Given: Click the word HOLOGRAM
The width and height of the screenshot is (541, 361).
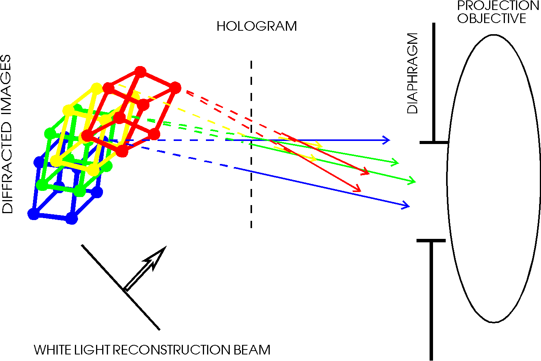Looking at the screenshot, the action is coord(257,26).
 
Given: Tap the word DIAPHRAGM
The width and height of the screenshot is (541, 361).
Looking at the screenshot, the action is coord(412,73).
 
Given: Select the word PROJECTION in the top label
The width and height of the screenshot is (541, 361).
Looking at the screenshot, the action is coord(498,5).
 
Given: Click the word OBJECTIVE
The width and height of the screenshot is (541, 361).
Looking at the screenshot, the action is coord(492,18).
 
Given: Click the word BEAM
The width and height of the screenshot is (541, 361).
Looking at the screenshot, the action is coord(252,350).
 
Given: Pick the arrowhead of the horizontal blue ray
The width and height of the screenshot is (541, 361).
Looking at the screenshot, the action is coord(386,140).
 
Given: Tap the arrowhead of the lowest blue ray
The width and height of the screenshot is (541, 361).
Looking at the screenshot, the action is coord(406,205).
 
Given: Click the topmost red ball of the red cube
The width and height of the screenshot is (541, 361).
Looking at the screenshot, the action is coord(140,72).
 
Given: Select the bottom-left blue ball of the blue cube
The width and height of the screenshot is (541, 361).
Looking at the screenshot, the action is coord(33,214).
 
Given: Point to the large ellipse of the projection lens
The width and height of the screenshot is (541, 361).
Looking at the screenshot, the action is coord(447,179).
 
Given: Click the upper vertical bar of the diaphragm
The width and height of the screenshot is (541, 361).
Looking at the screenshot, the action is coord(434,82).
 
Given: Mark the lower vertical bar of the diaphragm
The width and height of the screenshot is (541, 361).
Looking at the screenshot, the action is coord(431,301).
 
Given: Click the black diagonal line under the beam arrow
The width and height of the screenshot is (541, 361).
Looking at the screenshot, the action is coord(121,287).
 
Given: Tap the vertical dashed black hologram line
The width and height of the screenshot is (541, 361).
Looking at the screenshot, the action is coord(251,144).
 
